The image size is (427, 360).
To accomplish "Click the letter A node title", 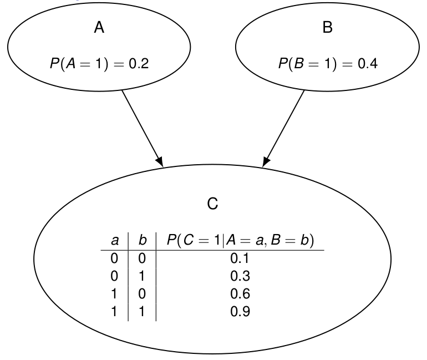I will pyautogui.click(x=99, y=28).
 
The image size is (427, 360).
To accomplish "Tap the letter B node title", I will pyautogui.click(x=328, y=28).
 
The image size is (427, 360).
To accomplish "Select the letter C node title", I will pyautogui.click(x=212, y=204).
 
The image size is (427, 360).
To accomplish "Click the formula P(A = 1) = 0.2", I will pyautogui.click(x=99, y=63).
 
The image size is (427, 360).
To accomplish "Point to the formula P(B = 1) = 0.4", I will pyautogui.click(x=328, y=63).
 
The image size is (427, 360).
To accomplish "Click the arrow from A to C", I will pyautogui.click(x=142, y=127).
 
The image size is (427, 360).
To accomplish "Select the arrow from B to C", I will pyautogui.click(x=283, y=127).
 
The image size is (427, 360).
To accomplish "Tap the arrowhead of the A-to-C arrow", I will pyautogui.click(x=160, y=161).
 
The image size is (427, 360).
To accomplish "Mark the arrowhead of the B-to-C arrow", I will pyautogui.click(x=266, y=161).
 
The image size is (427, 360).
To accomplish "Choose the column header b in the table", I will pyautogui.click(x=142, y=241).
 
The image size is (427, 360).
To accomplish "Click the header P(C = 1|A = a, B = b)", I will pyautogui.click(x=240, y=241).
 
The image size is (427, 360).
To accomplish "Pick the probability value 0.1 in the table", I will pyautogui.click(x=240, y=259).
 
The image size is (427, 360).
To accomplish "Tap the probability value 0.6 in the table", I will pyautogui.click(x=240, y=295).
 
